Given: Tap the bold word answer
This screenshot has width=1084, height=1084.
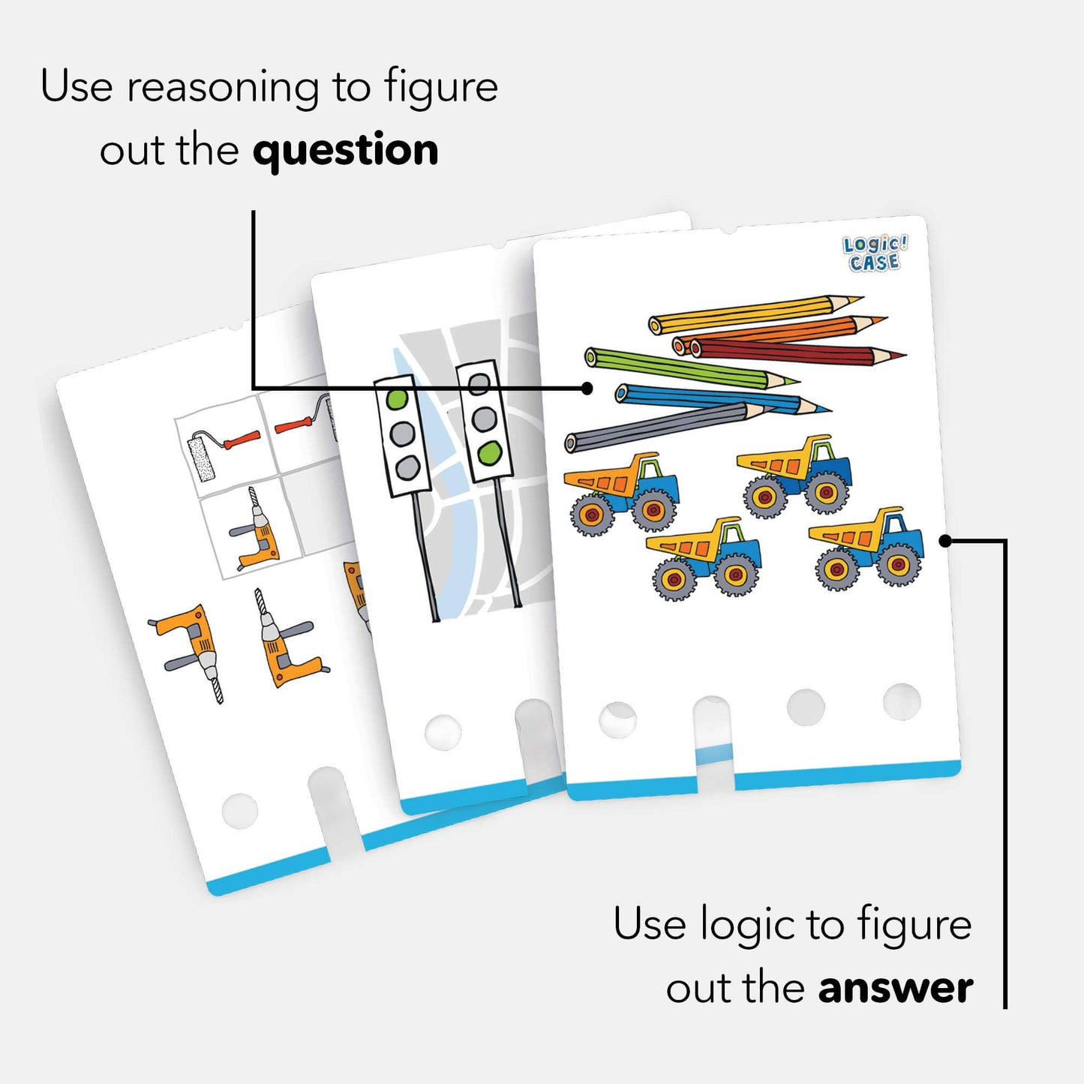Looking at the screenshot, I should (x=896, y=988).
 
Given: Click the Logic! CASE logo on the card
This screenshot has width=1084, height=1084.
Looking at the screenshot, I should (x=875, y=253).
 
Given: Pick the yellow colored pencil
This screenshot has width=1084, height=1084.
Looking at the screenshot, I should (x=750, y=312).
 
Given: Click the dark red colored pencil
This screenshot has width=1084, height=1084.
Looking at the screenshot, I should (x=788, y=352).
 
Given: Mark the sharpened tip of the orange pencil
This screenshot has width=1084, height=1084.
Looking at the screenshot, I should (x=875, y=322).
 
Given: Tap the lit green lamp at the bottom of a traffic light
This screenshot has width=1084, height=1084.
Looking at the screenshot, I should (x=489, y=453).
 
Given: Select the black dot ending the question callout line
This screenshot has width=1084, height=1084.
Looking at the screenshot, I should (x=587, y=388).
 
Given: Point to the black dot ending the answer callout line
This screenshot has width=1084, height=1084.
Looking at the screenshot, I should (x=945, y=540).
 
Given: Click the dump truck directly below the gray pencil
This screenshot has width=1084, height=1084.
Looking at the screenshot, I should (x=622, y=492).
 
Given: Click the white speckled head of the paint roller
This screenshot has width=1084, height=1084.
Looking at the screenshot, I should (x=201, y=458).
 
